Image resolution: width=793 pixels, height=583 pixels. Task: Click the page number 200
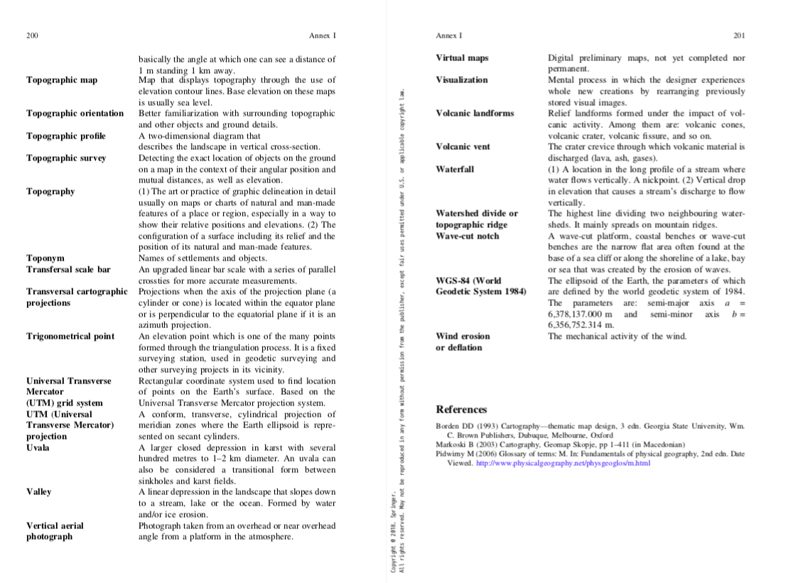[x=32, y=36]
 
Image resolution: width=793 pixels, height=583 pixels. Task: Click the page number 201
[x=739, y=36]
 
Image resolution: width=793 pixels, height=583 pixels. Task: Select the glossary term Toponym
[x=45, y=258]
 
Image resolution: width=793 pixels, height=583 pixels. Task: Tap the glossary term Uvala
[x=38, y=448]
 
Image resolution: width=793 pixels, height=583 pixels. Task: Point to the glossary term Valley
[x=39, y=492]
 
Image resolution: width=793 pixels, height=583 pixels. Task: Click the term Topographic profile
[x=66, y=136]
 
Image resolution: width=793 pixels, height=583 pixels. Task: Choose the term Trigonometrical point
[x=70, y=337]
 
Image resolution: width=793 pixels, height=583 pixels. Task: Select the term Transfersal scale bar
[x=69, y=270]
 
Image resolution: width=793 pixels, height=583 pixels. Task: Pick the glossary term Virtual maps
[x=462, y=58]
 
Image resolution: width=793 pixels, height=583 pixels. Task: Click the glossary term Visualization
[x=462, y=80]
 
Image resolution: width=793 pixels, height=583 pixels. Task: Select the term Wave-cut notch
[x=468, y=236]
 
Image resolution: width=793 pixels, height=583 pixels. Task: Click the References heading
[x=461, y=410]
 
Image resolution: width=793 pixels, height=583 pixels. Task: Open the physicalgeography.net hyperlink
[x=563, y=463]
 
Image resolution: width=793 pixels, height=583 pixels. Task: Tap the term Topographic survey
[x=66, y=158]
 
